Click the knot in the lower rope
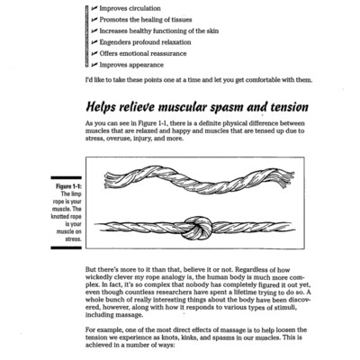(x=198, y=229)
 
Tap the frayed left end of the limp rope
(x=110, y=180)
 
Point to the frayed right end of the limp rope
(x=286, y=178)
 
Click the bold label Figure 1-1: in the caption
(x=68, y=186)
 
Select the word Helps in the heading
(x=101, y=107)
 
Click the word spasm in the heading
(x=227, y=108)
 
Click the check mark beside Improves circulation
(x=94, y=8)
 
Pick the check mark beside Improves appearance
(x=94, y=65)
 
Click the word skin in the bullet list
(x=212, y=31)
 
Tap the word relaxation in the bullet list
(x=176, y=42)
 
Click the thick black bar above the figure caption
(x=66, y=178)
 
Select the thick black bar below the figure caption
(x=66, y=247)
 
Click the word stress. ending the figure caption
(x=74, y=239)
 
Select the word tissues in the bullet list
(x=181, y=20)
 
